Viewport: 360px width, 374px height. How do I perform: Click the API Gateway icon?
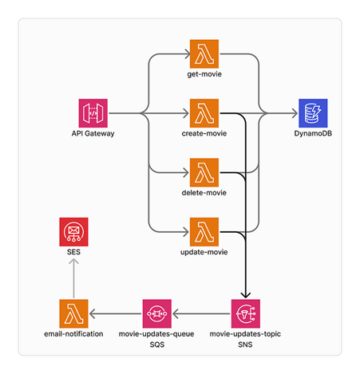click(93, 113)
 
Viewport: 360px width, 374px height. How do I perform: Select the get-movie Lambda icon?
click(204, 54)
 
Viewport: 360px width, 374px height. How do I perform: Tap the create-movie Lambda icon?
click(204, 113)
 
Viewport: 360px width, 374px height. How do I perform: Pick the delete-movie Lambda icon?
click(204, 172)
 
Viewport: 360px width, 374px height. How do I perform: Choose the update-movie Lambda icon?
click(204, 232)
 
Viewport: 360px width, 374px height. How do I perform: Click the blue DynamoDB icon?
click(313, 113)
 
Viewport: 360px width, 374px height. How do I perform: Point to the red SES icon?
click(73, 232)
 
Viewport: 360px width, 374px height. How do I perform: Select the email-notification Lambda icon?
click(73, 313)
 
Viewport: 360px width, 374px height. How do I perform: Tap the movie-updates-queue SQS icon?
click(157, 313)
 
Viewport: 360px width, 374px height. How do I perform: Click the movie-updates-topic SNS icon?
click(246, 313)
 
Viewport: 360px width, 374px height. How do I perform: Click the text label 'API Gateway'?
click(93, 133)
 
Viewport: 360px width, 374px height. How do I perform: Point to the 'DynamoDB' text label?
click(313, 133)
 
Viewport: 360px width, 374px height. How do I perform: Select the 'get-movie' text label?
click(204, 74)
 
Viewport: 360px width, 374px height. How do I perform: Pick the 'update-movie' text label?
click(204, 252)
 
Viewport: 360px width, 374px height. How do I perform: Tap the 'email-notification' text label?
click(73, 334)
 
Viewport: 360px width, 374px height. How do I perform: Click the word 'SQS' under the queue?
click(157, 344)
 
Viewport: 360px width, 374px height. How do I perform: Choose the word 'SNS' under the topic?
click(245, 344)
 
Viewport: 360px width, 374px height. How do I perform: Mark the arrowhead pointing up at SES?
click(73, 262)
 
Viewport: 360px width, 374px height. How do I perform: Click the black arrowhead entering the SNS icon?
click(246, 295)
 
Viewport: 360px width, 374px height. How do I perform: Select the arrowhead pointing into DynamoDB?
click(295, 113)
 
